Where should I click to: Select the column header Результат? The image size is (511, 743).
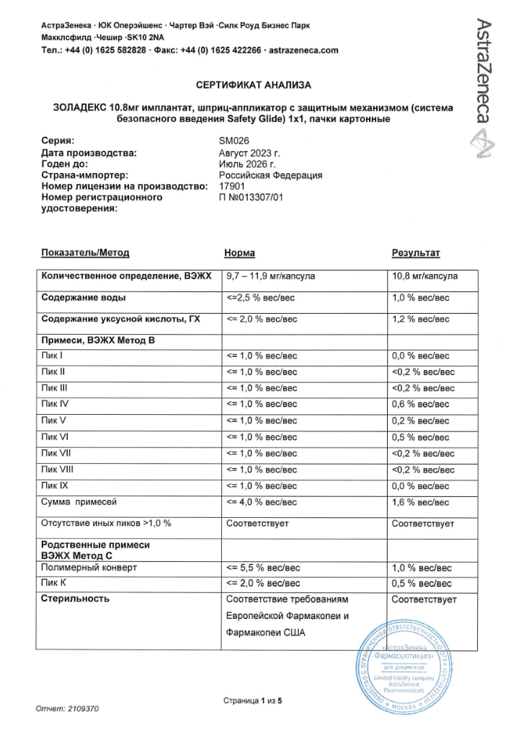[415, 253]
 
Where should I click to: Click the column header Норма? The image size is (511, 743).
[239, 253]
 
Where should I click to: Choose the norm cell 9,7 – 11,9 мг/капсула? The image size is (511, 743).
[270, 276]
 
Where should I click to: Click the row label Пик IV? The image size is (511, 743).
[55, 405]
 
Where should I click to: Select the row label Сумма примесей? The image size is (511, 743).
[79, 501]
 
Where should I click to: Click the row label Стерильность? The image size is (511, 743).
[76, 599]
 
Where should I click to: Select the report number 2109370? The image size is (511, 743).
[83, 708]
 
